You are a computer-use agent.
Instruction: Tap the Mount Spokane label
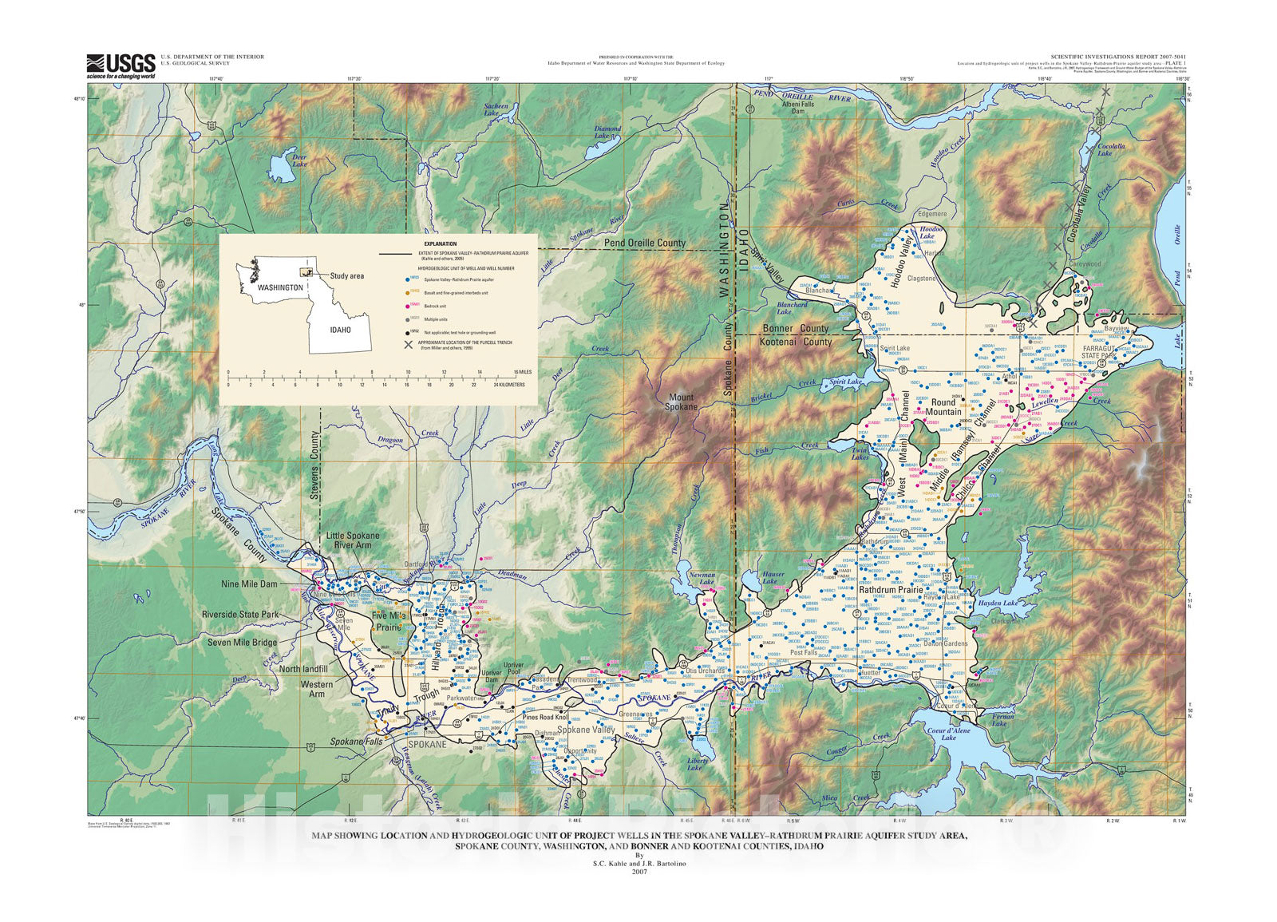[682, 402]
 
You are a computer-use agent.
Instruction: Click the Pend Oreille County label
[644, 243]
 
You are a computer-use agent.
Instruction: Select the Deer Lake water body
[281, 168]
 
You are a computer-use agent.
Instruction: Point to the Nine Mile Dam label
[249, 584]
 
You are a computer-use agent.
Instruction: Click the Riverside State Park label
[240, 615]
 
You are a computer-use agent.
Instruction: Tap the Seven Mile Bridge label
[242, 642]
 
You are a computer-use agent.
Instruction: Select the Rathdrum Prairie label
[891, 589]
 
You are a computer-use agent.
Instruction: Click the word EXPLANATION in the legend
[441, 244]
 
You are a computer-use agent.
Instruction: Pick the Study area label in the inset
[346, 276]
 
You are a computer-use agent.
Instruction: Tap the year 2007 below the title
[638, 872]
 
